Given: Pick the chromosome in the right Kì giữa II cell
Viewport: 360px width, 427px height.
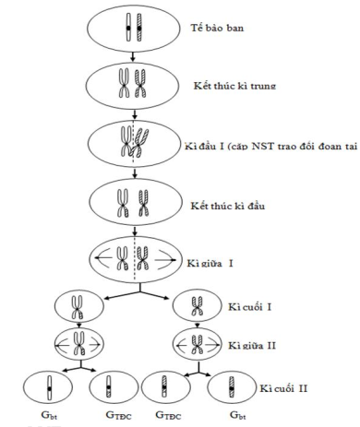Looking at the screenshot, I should (199, 338).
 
